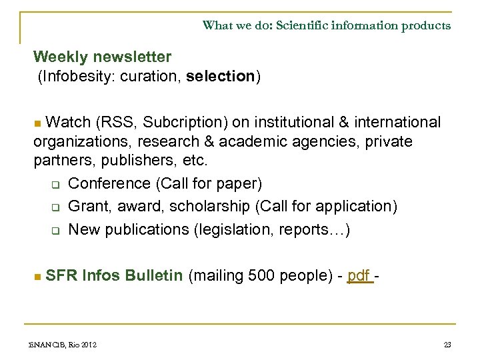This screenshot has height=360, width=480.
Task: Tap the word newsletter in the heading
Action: coord(131,57)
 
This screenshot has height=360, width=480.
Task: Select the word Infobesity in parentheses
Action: coord(75,77)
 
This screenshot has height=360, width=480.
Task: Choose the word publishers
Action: coord(131,161)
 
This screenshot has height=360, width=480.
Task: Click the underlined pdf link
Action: coord(359,276)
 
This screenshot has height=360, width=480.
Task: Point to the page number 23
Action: coord(447,345)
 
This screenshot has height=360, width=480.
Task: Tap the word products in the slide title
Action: coord(426,26)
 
